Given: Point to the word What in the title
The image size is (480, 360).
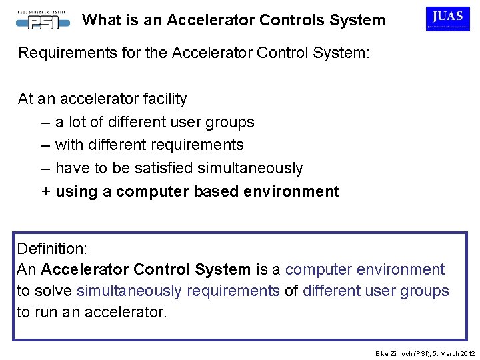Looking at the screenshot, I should coord(99,21).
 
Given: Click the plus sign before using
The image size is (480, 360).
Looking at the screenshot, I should coord(46,191).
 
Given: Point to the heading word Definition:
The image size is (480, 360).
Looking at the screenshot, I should coord(52,249).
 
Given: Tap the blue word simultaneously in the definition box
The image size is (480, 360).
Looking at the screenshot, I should coord(129,291).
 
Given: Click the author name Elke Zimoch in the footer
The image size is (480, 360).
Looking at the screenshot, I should coord(395,352).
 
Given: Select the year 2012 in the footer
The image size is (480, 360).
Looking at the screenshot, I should coord(467,352).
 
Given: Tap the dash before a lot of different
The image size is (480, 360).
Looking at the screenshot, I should coord(45,122).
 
